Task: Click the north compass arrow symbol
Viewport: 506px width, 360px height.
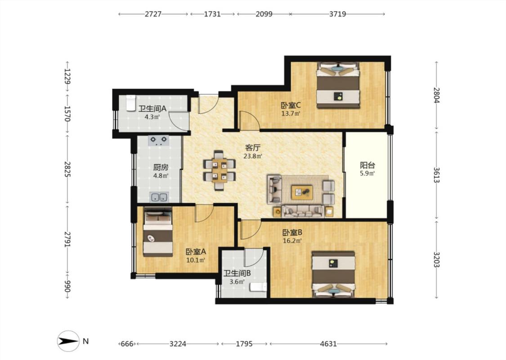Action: tap(68, 341)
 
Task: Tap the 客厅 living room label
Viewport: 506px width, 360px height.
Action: tap(253, 148)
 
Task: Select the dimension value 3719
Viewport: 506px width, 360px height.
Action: tap(337, 14)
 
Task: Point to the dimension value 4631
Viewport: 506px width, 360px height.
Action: tap(328, 344)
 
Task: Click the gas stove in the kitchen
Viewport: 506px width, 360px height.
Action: tap(159, 140)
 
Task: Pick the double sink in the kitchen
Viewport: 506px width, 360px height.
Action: tap(159, 197)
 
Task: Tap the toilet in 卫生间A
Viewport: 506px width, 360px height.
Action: tap(131, 103)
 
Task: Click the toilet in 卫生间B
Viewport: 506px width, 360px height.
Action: tap(259, 287)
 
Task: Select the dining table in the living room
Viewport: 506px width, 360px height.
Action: tap(219, 170)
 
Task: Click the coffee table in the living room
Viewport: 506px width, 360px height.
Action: tap(302, 193)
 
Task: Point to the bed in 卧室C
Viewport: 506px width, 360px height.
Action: tap(338, 85)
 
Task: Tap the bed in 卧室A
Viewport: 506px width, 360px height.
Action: tap(158, 232)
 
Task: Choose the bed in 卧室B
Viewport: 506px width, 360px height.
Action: tap(334, 274)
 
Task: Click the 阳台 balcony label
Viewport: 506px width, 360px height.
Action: tap(367, 166)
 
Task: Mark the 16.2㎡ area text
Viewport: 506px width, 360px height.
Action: tap(292, 241)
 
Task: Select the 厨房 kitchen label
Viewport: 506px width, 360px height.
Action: tap(161, 167)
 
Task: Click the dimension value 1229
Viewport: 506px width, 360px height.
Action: tap(67, 76)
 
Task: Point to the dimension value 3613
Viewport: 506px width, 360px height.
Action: tap(437, 175)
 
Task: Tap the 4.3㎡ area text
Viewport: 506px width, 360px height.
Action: tap(152, 117)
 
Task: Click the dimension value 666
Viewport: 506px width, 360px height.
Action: tap(127, 344)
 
